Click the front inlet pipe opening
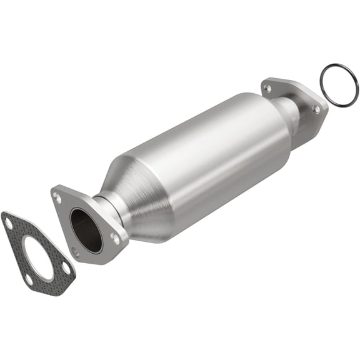coord(86,229)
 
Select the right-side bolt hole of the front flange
coord(115,237)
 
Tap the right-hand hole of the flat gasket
coord(66,267)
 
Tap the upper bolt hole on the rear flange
coord(267,88)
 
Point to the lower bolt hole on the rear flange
coord(316,109)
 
